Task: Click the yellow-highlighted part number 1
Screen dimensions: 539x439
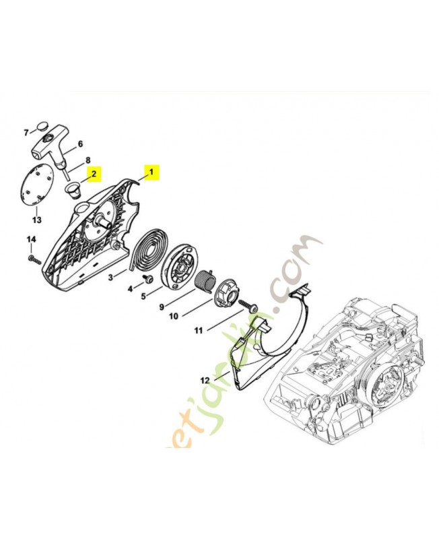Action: click(151, 172)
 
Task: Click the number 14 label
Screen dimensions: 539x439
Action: click(31, 239)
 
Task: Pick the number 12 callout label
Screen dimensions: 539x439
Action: click(204, 381)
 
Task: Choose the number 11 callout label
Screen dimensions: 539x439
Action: click(199, 330)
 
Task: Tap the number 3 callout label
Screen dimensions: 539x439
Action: click(109, 277)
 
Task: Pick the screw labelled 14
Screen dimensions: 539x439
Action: click(36, 259)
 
